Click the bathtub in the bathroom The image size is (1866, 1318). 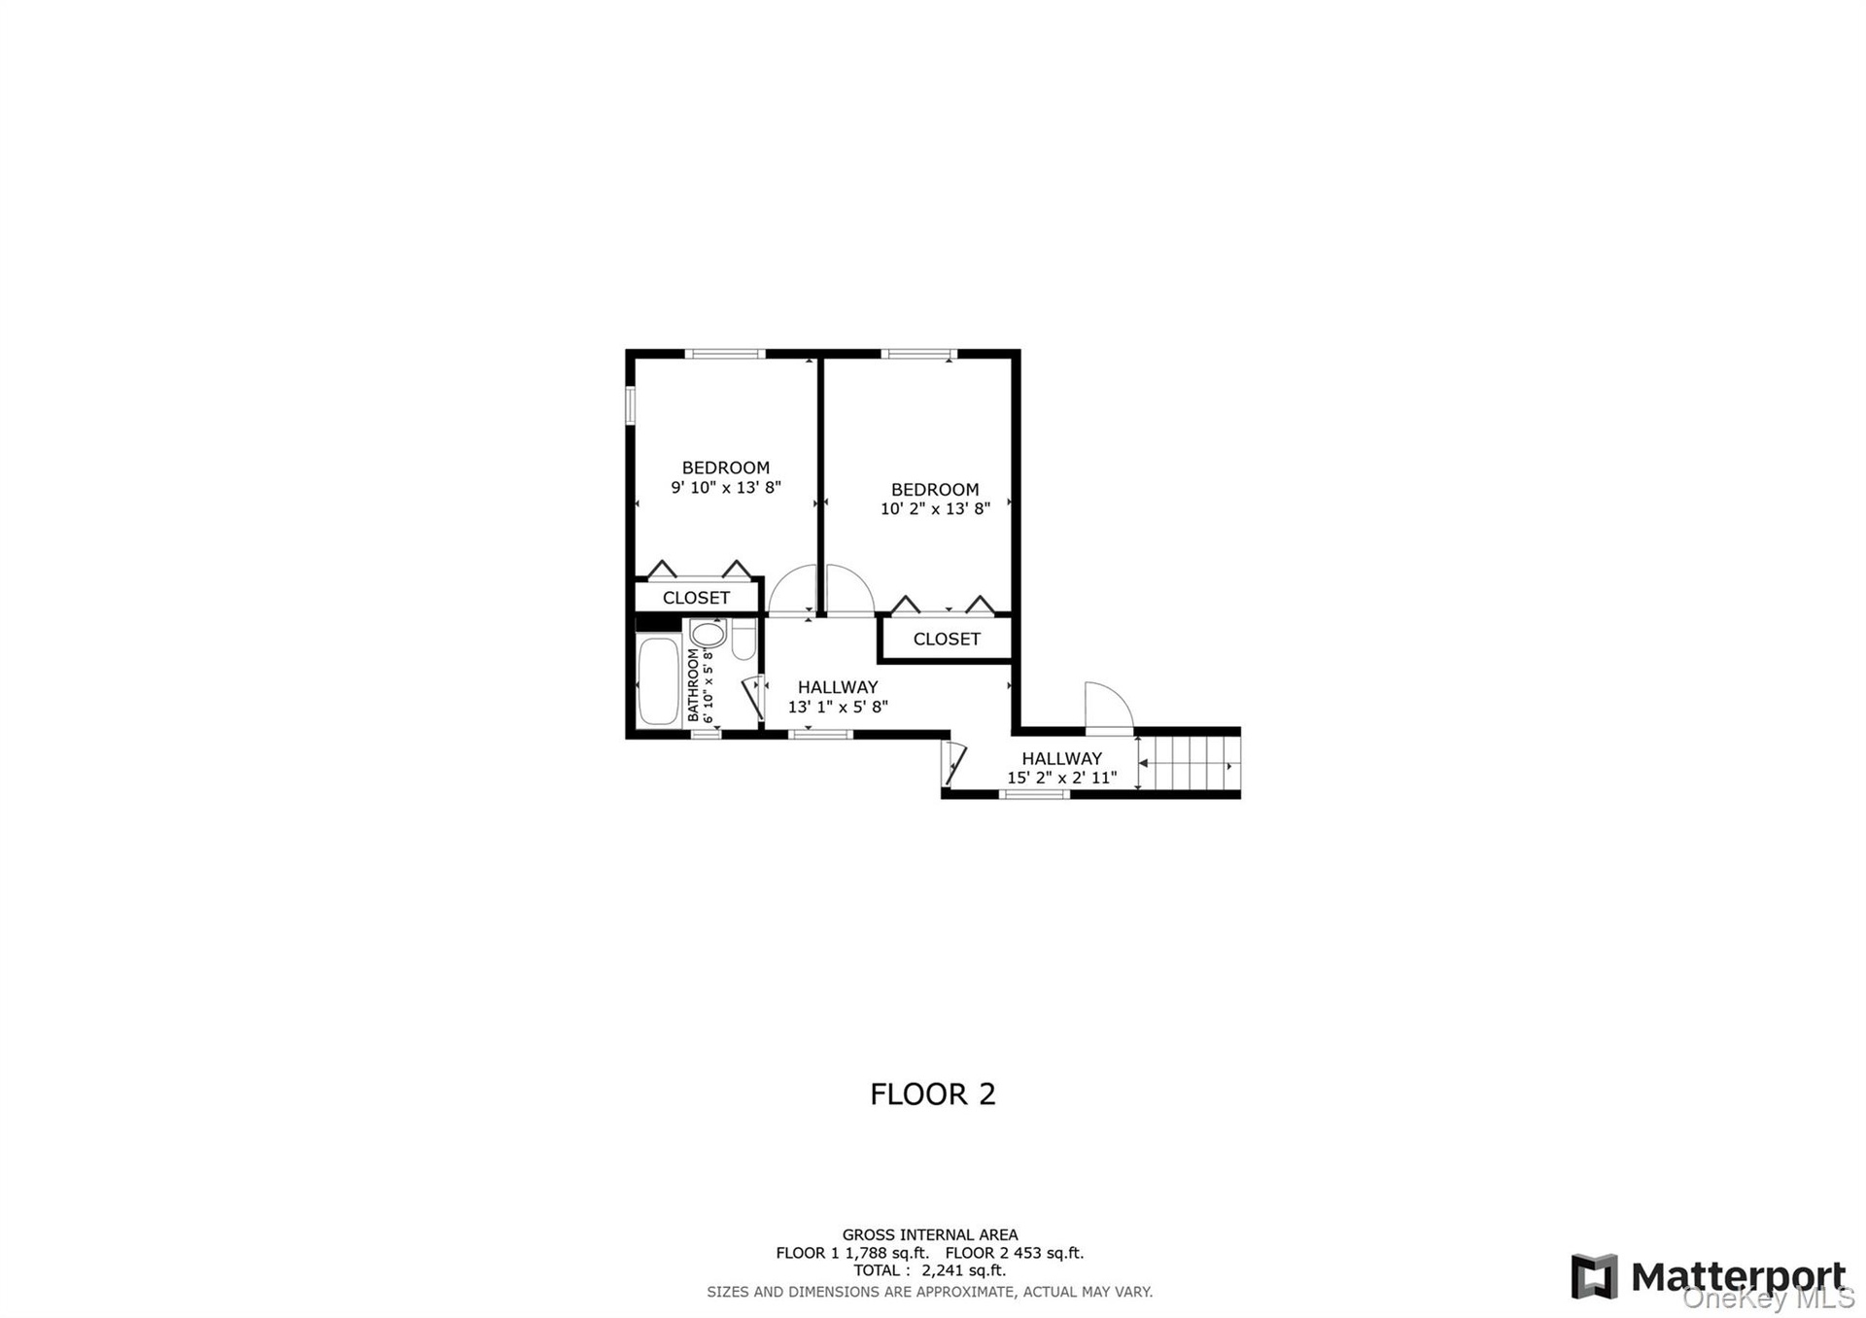click(658, 680)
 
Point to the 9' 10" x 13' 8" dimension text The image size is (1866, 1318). click(726, 487)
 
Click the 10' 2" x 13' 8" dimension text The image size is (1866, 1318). click(935, 508)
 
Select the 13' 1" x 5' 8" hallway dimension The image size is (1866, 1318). click(838, 707)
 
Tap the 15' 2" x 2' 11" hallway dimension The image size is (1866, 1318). click(1061, 778)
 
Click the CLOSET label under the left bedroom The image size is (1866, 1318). click(696, 598)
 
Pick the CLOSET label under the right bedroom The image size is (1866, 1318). click(947, 639)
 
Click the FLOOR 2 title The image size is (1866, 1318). click(933, 1094)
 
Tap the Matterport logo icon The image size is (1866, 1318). click(1594, 1276)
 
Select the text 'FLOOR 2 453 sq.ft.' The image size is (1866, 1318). click(1014, 1253)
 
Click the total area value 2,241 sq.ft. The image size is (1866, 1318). click(963, 1270)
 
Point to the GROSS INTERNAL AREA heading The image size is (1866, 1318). click(930, 1235)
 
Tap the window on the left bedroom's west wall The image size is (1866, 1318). click(631, 405)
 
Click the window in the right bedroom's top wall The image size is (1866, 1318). click(918, 354)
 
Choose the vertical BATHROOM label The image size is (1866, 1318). click(693, 685)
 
